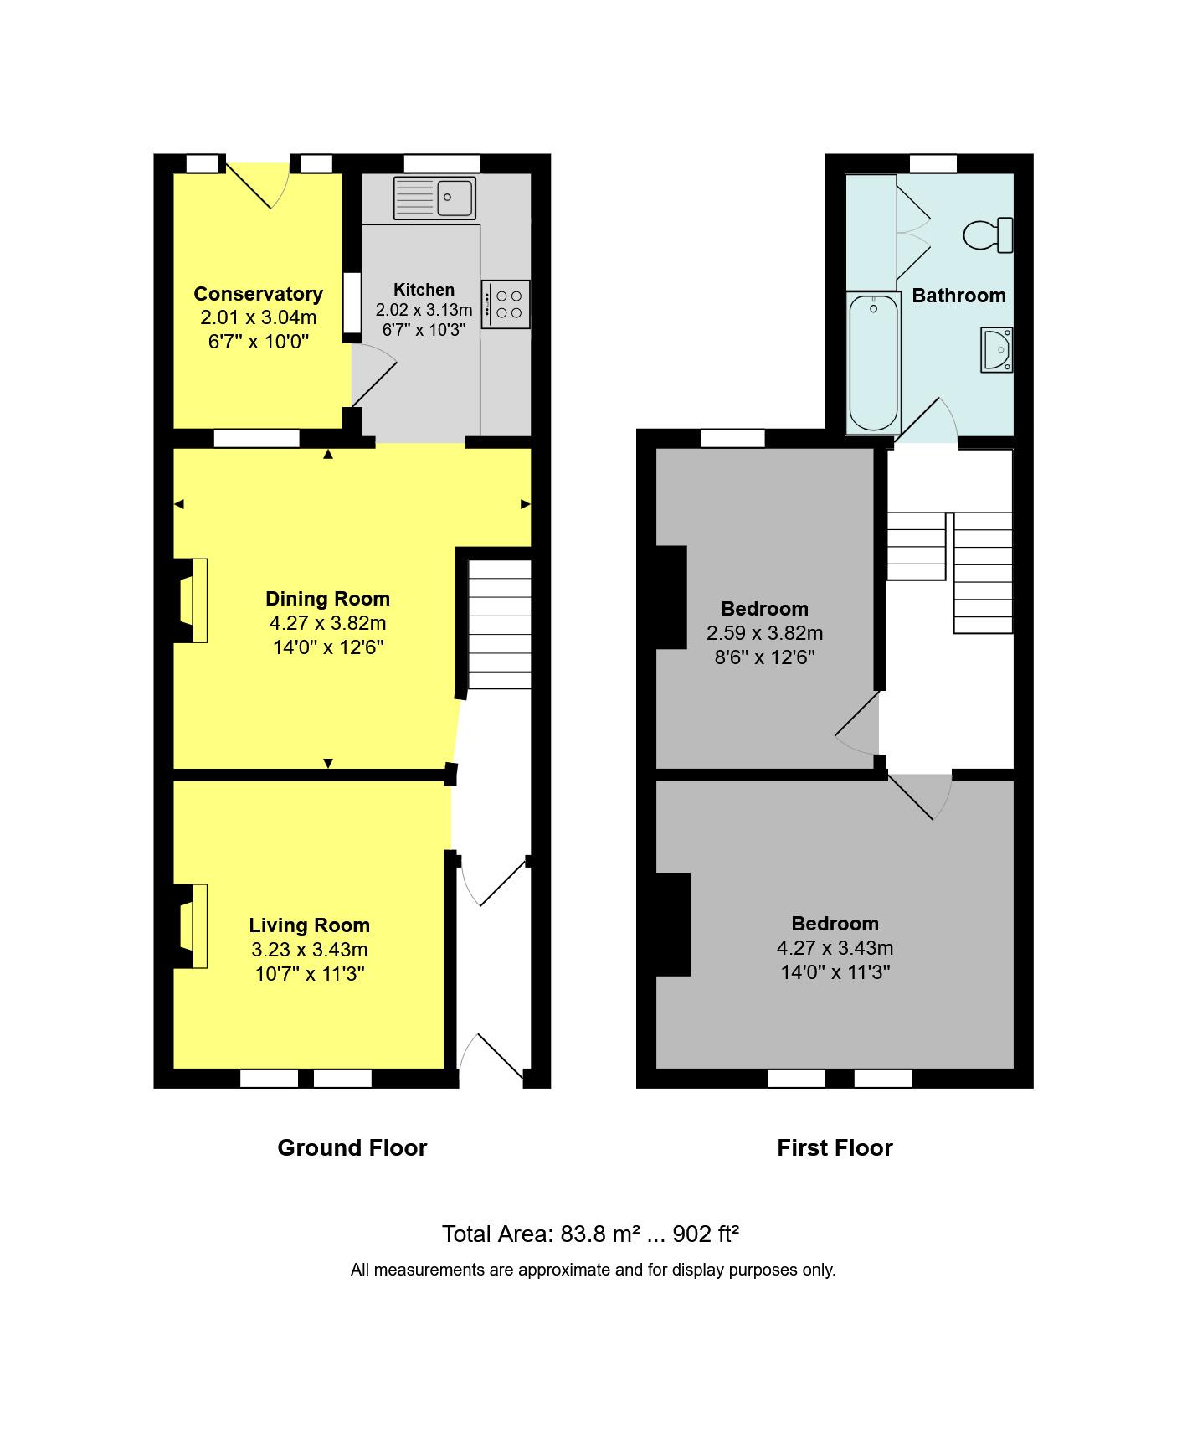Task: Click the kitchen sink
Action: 434,198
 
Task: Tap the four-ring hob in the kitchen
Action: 506,304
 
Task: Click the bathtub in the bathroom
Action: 873,363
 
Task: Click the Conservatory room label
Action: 258,294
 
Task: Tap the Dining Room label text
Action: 327,599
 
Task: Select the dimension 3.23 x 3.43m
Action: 309,950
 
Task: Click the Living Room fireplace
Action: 193,925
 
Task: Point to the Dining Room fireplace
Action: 193,600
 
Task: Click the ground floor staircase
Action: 499,624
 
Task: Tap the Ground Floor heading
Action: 352,1147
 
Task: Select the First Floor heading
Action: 835,1147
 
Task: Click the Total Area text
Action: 590,1234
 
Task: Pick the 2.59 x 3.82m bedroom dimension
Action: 764,633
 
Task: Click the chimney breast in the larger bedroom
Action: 673,925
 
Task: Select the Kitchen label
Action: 424,290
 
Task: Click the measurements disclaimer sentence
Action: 593,1270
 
